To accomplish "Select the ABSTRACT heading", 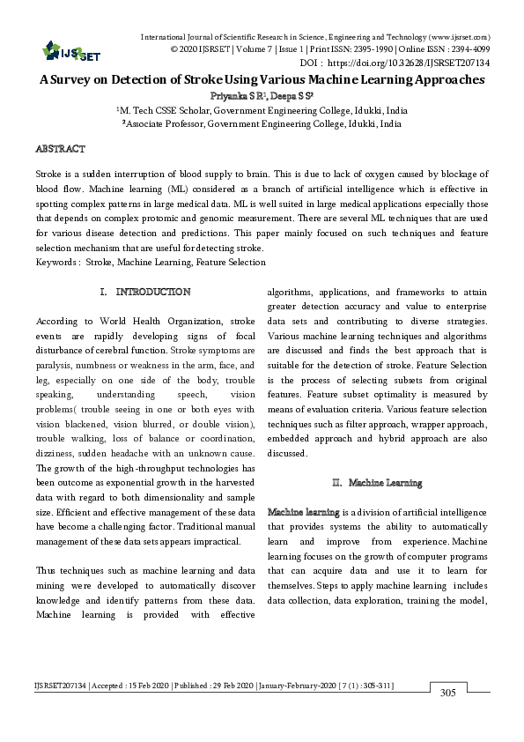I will (61, 149).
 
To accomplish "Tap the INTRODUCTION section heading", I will (152, 291).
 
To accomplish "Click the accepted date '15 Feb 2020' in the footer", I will (156, 685).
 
